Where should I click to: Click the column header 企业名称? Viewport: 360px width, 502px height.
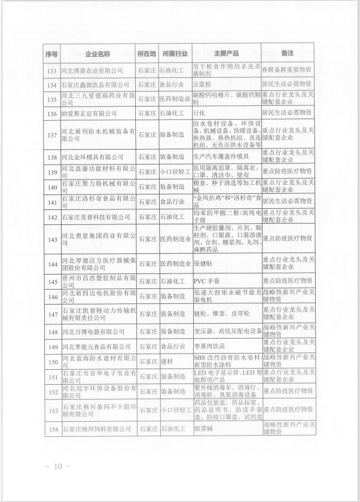pyautogui.click(x=98, y=54)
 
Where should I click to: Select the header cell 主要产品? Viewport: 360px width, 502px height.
pyautogui.click(x=226, y=54)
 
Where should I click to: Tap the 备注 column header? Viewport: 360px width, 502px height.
pyautogui.click(x=289, y=54)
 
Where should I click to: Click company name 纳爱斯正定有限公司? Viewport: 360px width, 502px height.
pyautogui.click(x=90, y=112)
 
